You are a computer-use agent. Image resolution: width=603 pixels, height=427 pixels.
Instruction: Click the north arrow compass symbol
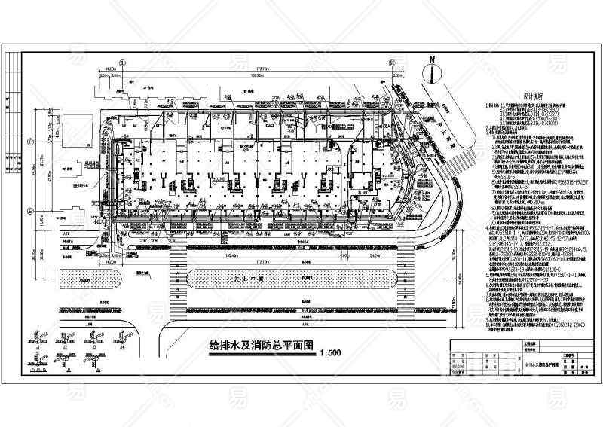pos(431,72)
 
